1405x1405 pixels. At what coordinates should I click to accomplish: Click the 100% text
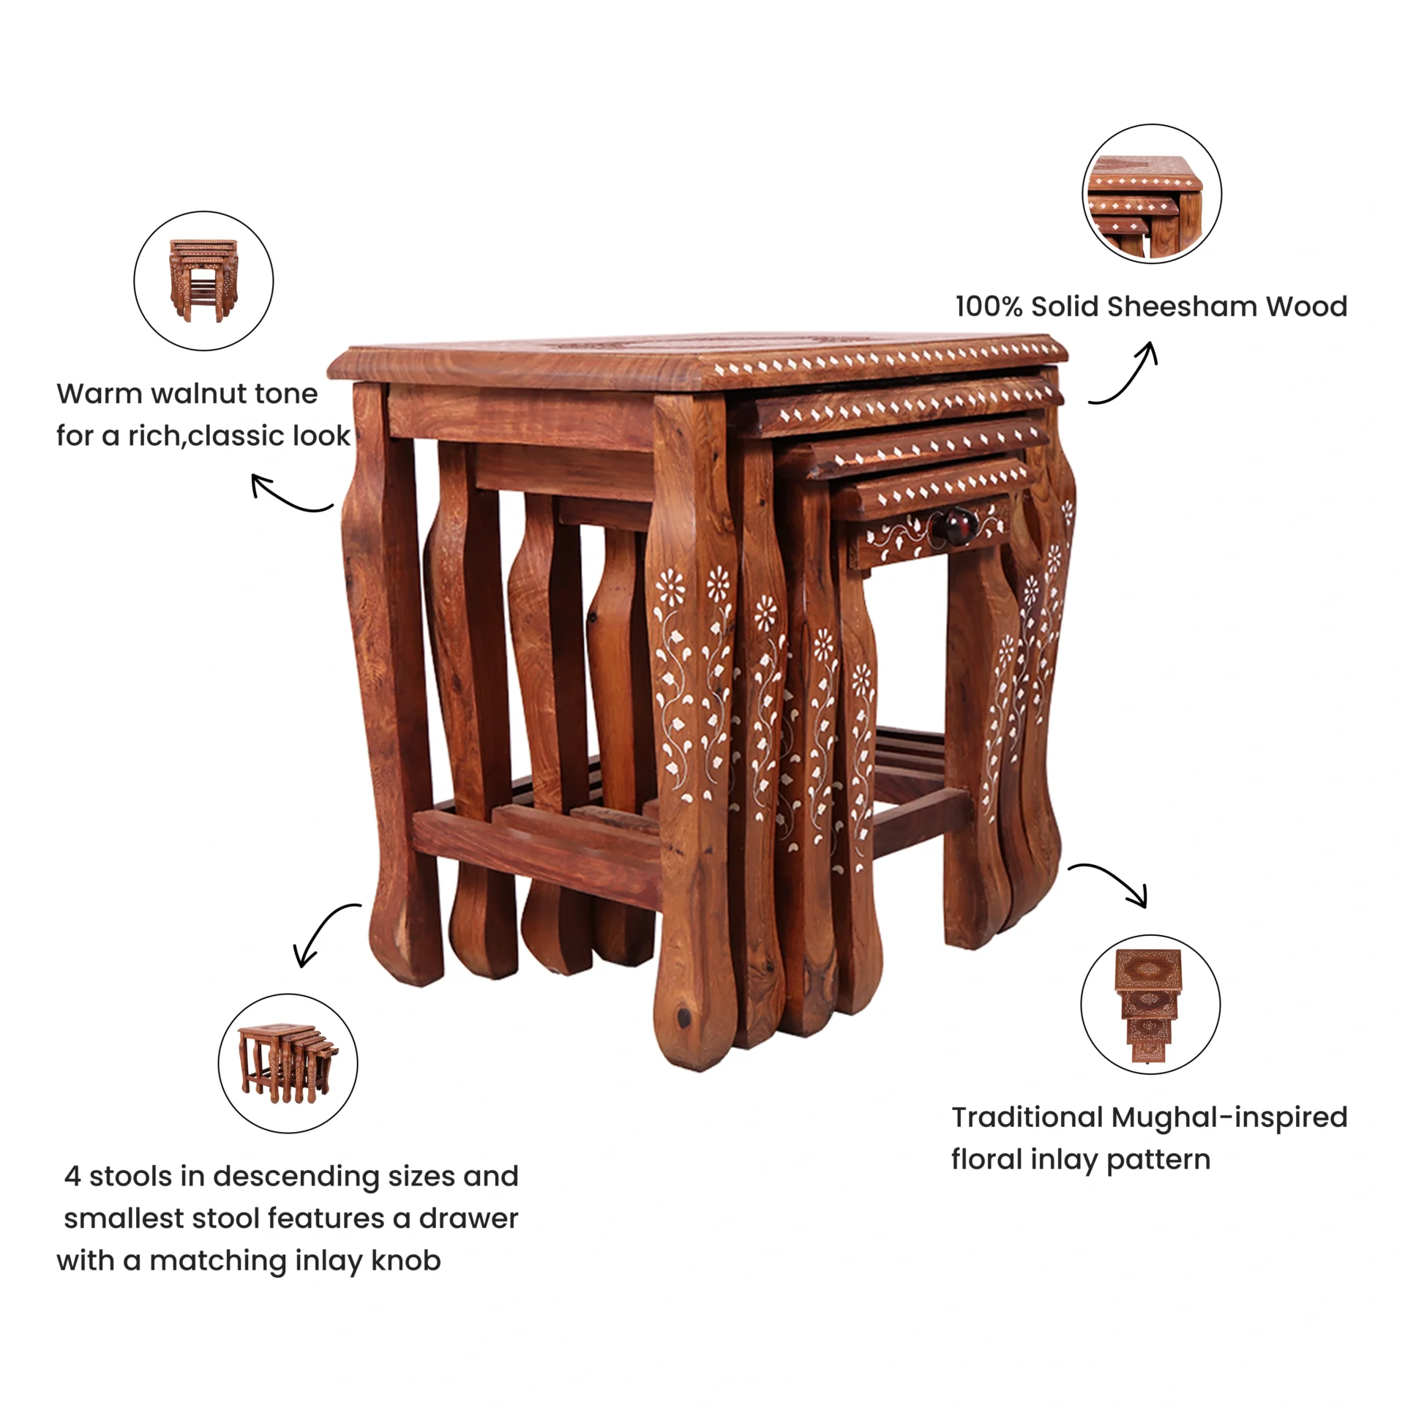[x=989, y=307]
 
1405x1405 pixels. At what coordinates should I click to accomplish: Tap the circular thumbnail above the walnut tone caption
[x=203, y=281]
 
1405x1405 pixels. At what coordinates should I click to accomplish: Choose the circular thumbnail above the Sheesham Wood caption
[x=1152, y=194]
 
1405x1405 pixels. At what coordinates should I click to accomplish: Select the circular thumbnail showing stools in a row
[x=288, y=1063]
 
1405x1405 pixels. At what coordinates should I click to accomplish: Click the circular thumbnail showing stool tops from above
[x=1150, y=1005]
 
